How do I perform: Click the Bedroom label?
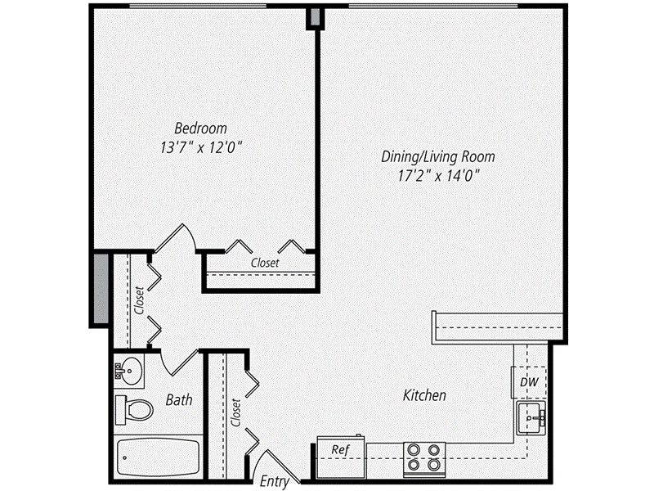coord(201,128)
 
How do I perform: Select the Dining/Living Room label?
coord(438,155)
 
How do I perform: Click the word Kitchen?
coord(425,396)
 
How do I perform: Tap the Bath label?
coord(179,400)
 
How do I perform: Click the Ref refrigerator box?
coord(341,449)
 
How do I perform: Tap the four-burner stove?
coord(424,458)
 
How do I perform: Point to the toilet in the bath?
coord(133,407)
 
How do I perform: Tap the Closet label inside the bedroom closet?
coord(263,264)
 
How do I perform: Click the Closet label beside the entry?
coord(236,414)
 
